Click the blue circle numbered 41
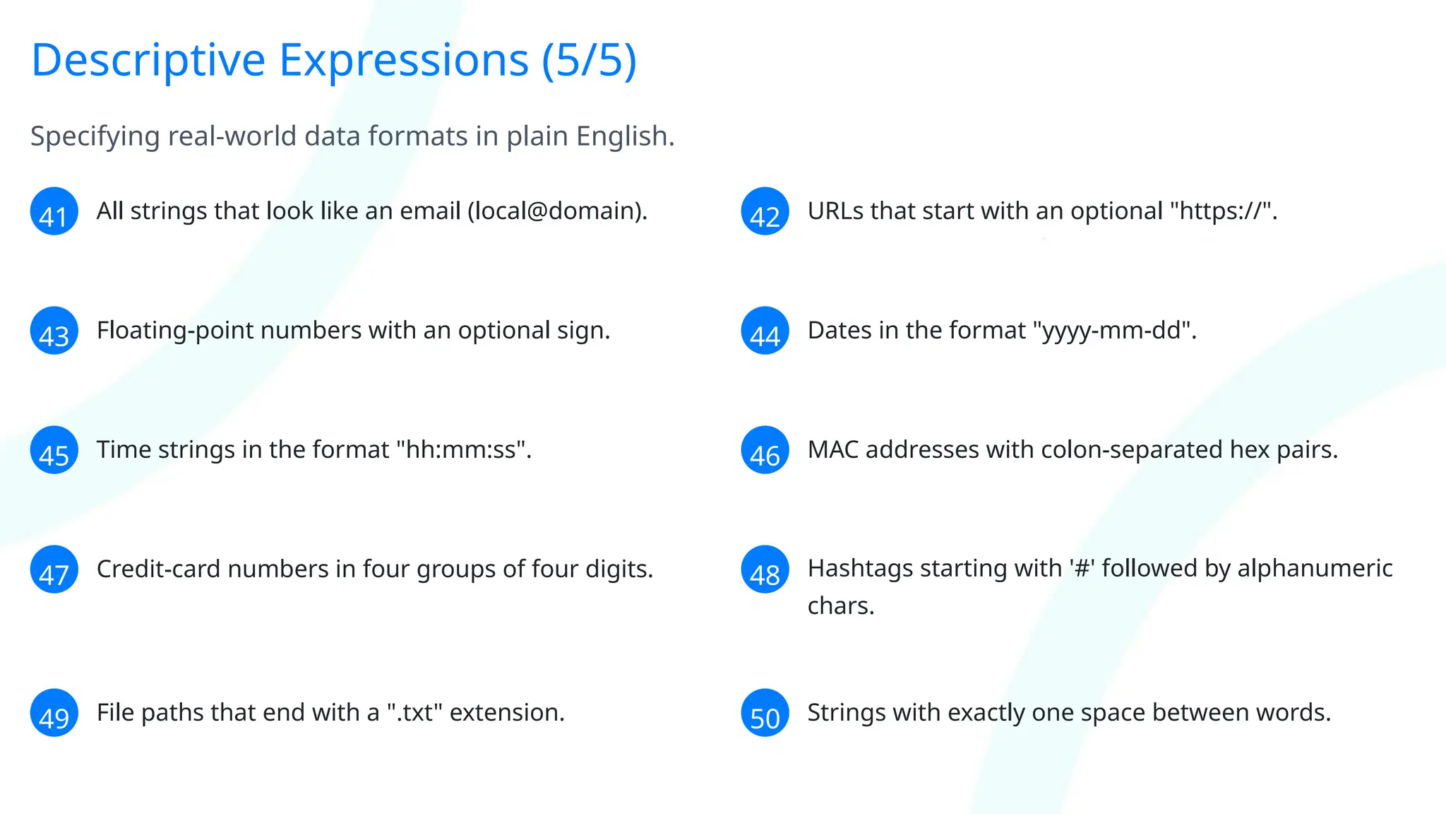(54, 211)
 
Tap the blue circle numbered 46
(765, 450)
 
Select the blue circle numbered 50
(765, 713)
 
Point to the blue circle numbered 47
(54, 570)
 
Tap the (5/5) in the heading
(589, 61)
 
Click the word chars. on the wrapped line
(840, 606)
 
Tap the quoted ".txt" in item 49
(414, 713)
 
